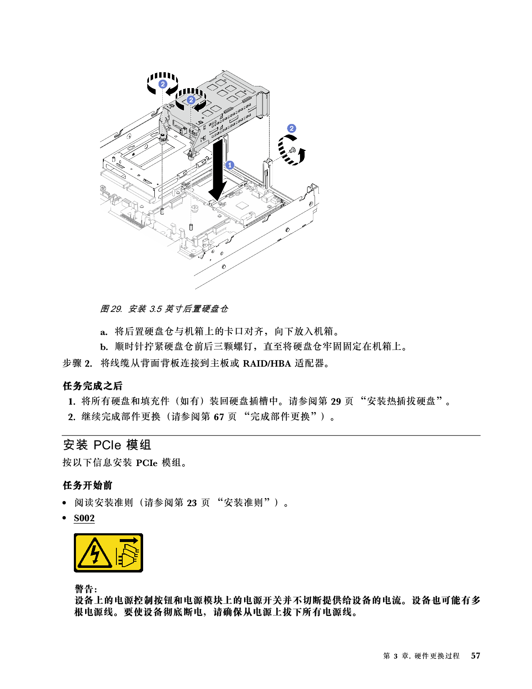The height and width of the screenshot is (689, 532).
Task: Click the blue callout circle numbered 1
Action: coord(229,165)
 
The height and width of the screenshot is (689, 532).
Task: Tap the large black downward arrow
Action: coord(217,171)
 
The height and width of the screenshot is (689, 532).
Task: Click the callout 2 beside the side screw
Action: coord(292,129)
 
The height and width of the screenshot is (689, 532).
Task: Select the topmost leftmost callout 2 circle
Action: coord(163,84)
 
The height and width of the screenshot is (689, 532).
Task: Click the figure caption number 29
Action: coord(116,309)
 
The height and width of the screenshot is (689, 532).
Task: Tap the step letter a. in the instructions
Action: coord(104,332)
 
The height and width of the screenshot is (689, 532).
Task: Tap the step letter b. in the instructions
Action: coord(104,347)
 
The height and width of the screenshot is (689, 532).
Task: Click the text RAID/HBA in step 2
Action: coord(267,364)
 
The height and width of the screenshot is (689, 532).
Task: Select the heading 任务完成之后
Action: coord(93,386)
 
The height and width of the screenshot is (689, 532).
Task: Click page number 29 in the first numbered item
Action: coord(336,401)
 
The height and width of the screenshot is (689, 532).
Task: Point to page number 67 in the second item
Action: coord(219,417)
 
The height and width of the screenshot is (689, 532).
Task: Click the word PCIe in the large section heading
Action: coord(107,445)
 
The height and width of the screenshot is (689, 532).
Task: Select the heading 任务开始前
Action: coord(88,485)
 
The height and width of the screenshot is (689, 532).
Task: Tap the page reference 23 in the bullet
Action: coord(192,503)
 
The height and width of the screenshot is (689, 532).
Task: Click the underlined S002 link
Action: coord(84,518)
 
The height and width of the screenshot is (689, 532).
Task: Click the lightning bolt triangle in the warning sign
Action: coord(95,553)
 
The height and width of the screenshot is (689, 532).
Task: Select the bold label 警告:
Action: coord(86,589)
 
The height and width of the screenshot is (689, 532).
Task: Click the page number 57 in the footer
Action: coord(476,656)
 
